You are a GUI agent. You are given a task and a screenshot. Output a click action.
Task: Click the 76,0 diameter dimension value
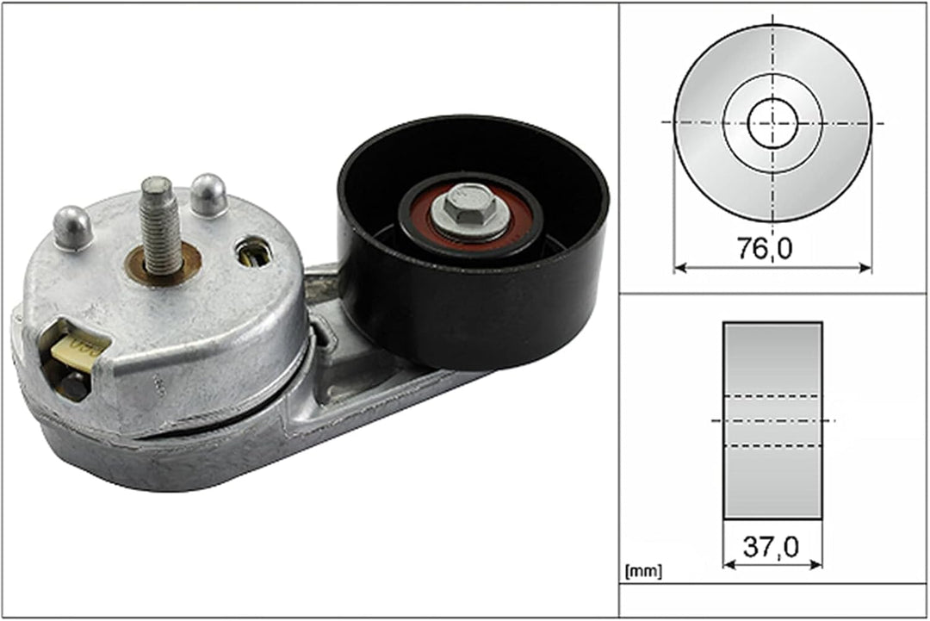[765, 248]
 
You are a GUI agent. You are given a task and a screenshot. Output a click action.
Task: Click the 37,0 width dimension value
[771, 546]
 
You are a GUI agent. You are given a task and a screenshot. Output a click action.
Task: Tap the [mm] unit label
[643, 571]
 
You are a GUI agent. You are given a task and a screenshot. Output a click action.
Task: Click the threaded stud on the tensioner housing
[159, 226]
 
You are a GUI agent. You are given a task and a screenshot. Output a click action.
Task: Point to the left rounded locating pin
[73, 228]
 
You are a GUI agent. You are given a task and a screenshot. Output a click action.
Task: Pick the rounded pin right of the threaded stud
[208, 196]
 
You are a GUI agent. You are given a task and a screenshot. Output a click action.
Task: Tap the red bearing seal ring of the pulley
[470, 214]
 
